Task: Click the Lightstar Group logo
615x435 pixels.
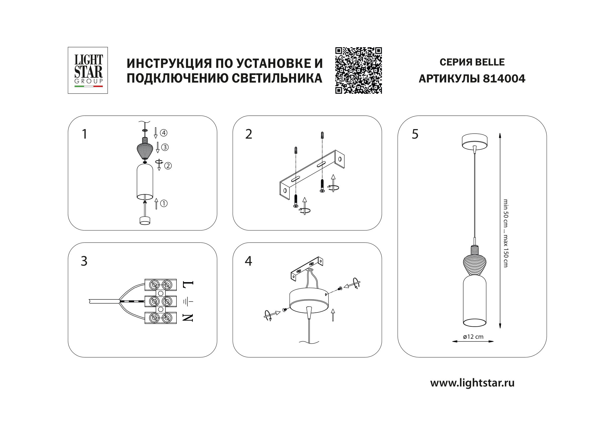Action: [x=88, y=70]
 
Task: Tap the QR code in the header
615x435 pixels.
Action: [x=358, y=70]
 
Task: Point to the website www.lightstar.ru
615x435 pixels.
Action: [x=472, y=383]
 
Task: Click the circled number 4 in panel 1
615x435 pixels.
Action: [x=163, y=133]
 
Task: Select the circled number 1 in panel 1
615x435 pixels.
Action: [x=164, y=203]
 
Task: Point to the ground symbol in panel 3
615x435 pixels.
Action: [x=188, y=301]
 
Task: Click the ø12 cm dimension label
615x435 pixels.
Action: [x=473, y=337]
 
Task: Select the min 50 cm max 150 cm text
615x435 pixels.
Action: [x=505, y=233]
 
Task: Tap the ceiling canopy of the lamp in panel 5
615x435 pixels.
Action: [x=474, y=140]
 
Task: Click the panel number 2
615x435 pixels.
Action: [x=248, y=134]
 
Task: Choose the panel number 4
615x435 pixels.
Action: [x=248, y=261]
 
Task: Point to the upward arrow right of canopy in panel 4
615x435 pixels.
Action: [x=333, y=315]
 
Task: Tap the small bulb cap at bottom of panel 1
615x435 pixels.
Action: [x=145, y=220]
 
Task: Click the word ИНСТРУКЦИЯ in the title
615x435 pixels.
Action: [x=169, y=63]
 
